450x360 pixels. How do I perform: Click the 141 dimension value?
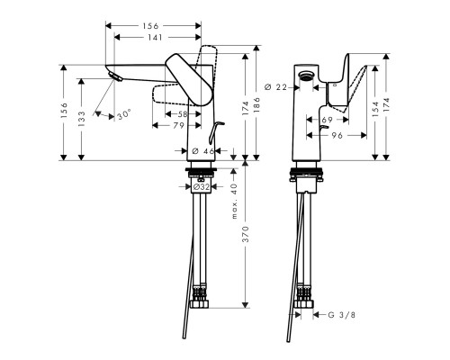tap(156, 39)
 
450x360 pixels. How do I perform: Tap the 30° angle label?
tap(123, 114)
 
